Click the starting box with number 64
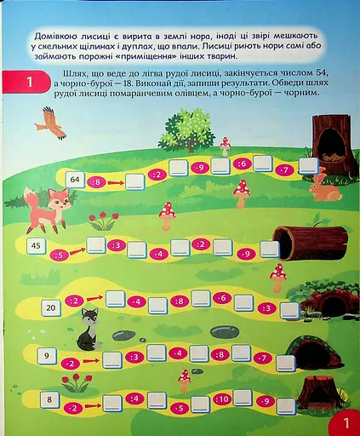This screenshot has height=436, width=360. pyautogui.click(x=75, y=179)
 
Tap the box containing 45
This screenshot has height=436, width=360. pyautogui.click(x=36, y=246)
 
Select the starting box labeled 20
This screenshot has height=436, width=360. pyautogui.click(x=51, y=307)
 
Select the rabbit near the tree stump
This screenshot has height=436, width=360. pyautogui.click(x=323, y=188)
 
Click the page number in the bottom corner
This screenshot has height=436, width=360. pyautogui.click(x=346, y=422)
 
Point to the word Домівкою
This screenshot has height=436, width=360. pyautogui.click(x=55, y=35)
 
